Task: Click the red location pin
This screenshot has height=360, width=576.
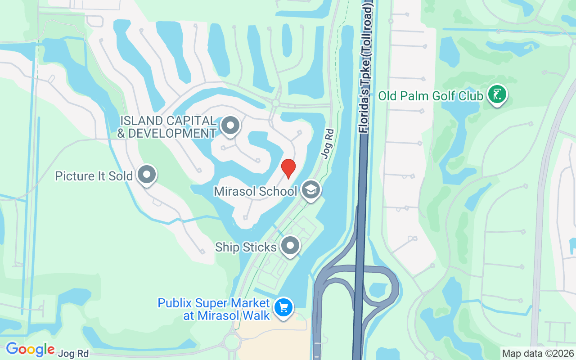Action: click(x=288, y=168)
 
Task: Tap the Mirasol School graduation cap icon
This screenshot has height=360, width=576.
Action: click(x=310, y=190)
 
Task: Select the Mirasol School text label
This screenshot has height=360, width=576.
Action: click(x=255, y=191)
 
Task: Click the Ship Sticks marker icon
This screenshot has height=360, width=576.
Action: click(x=290, y=246)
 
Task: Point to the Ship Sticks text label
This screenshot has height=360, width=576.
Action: click(x=246, y=247)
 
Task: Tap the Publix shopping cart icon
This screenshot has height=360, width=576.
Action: click(x=283, y=308)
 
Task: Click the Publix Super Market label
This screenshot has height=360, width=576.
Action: click(x=214, y=309)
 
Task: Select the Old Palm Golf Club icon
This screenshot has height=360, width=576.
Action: click(x=497, y=95)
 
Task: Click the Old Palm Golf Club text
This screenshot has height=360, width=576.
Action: click(x=431, y=96)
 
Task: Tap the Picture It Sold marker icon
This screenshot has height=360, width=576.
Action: click(x=146, y=175)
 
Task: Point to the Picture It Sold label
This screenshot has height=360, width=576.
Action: click(x=94, y=176)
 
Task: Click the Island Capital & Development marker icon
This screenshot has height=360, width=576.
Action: click(x=231, y=126)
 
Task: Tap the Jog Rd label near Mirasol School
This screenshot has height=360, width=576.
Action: click(x=327, y=144)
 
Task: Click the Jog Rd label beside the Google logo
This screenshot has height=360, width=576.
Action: click(x=73, y=353)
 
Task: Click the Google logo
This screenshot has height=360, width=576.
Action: click(x=30, y=349)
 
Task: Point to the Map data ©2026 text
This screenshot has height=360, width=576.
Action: click(x=538, y=353)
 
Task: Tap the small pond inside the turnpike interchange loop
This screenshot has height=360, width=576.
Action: click(x=378, y=290)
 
